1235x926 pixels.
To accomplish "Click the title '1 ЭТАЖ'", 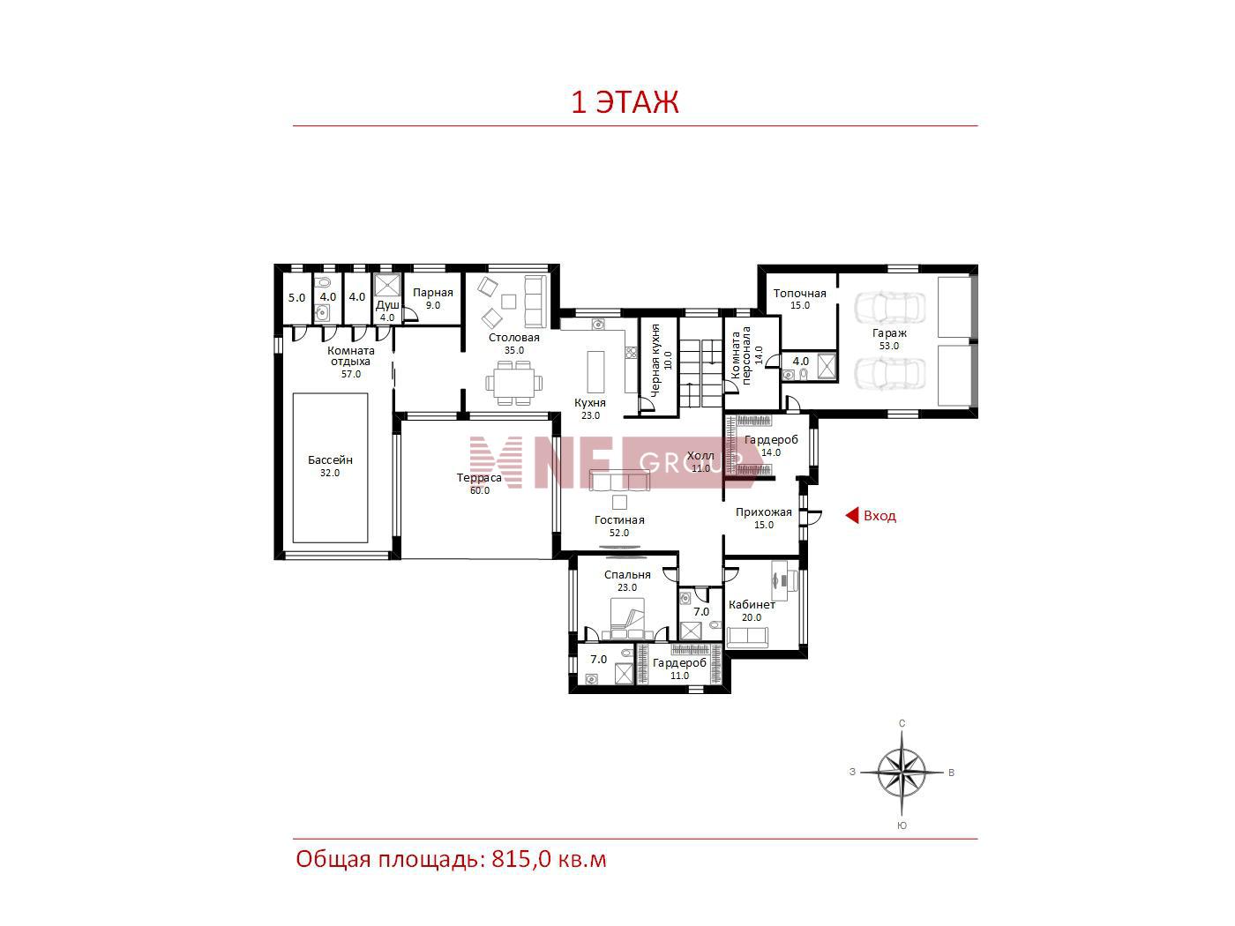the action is (625, 102).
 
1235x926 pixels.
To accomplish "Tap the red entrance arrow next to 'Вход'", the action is (852, 515).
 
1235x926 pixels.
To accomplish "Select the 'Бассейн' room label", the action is (330, 459).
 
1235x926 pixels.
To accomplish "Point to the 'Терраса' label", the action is (479, 478).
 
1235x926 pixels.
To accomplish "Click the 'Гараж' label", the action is (889, 332).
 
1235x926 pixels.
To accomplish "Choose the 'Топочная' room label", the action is (799, 293).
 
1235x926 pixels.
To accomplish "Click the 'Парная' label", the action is (432, 293).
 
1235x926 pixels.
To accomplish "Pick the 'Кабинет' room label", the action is (752, 604).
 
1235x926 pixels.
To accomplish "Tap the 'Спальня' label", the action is (627, 575).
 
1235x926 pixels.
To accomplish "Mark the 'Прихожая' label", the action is (764, 512).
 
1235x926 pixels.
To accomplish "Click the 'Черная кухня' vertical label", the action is (655, 361).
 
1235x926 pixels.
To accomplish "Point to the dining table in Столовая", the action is (514, 383).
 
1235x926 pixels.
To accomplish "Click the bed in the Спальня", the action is (627, 618).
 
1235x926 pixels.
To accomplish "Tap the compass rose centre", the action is (902, 773).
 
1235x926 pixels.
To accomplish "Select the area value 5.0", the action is (296, 297).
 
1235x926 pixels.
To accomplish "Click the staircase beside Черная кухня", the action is (700, 366).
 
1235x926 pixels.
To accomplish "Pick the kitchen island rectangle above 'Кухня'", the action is (595, 371).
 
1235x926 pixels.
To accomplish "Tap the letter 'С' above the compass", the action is (902, 723).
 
